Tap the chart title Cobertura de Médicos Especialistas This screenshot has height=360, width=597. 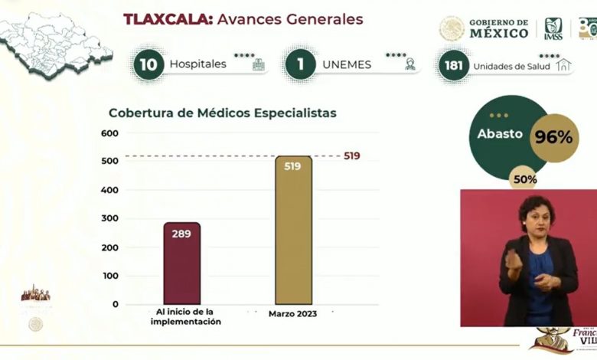(x=222, y=113)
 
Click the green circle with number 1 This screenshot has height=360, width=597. (x=301, y=64)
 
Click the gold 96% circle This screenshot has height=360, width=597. (x=553, y=138)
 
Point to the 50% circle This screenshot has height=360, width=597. (x=525, y=179)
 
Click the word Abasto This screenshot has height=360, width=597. (x=500, y=134)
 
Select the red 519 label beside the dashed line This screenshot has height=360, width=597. (x=351, y=156)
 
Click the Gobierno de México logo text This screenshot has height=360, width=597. (x=497, y=28)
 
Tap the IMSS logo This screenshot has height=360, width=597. (x=553, y=29)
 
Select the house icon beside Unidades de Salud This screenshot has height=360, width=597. (x=564, y=66)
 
